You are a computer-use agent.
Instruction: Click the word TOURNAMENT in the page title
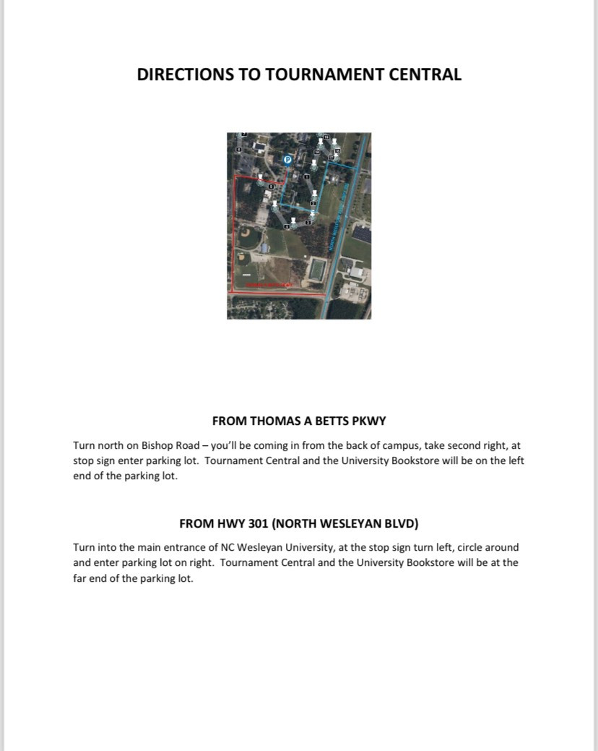point(331,74)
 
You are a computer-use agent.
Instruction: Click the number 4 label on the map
point(287,227)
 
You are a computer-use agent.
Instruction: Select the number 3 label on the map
point(308,222)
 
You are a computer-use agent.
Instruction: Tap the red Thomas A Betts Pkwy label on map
point(269,286)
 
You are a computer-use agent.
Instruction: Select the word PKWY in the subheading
point(373,420)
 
